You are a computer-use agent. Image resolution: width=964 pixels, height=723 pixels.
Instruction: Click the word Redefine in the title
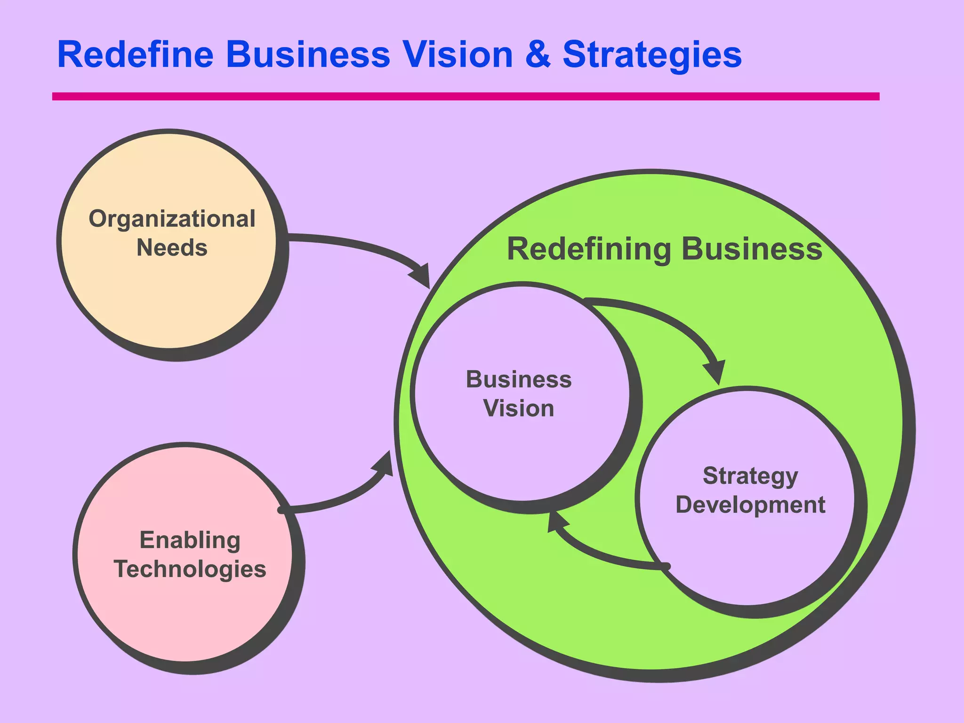pos(136,55)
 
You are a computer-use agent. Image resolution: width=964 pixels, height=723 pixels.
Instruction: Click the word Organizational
pos(172,219)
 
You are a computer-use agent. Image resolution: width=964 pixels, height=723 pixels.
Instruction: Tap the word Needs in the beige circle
pos(172,248)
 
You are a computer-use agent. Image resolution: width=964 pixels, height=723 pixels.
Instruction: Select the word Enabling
pos(190,540)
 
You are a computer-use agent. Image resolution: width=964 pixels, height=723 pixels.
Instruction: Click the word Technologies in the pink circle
pos(190,569)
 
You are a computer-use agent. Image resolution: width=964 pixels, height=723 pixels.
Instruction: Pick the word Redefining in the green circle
pos(588,249)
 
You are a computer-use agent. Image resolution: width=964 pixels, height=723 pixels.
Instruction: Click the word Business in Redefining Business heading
pos(752,249)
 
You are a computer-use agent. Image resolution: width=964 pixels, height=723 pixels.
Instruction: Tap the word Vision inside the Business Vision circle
pos(518,408)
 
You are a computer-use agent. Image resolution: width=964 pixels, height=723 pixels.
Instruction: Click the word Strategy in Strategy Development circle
pos(750,476)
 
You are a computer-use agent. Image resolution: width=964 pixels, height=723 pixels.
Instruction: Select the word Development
pos(750,505)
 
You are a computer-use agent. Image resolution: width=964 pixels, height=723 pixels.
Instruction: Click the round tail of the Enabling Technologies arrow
pos(282,510)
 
